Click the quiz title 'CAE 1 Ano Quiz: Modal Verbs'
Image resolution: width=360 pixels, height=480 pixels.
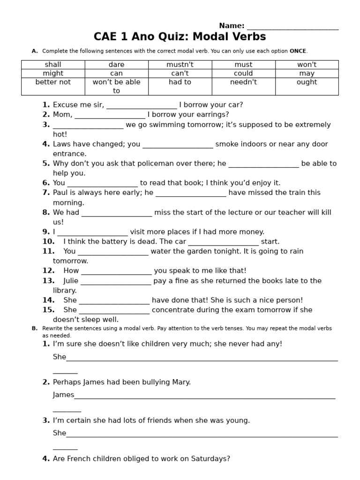[x=180, y=37]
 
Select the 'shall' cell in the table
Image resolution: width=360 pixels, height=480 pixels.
[x=53, y=65]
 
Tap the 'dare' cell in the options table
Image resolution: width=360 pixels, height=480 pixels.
[x=116, y=65]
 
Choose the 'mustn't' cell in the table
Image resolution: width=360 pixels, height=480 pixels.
[x=180, y=65]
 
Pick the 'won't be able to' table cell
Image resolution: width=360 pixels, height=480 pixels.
[x=116, y=86]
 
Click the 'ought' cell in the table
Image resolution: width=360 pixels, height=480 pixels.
[x=307, y=82]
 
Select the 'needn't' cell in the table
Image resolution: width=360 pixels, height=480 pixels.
[x=243, y=82]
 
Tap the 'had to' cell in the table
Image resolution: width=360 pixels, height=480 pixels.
[x=180, y=82]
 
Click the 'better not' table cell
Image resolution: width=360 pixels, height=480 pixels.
[x=53, y=82]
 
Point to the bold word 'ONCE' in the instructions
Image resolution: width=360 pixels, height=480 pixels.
[x=298, y=51]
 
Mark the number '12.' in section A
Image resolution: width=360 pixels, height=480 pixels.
[x=48, y=270]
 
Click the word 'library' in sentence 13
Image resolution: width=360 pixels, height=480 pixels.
[x=64, y=291]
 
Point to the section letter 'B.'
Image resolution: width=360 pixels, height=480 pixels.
[x=35, y=329]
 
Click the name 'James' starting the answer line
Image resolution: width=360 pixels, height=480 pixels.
[x=63, y=395]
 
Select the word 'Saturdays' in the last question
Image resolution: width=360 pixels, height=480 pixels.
[x=210, y=459]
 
